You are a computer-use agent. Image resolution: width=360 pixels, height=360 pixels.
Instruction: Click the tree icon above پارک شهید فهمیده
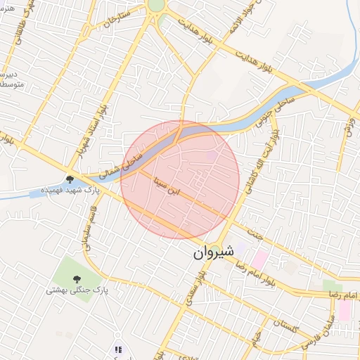(70, 180)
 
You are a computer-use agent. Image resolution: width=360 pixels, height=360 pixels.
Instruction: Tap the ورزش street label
(349, 126)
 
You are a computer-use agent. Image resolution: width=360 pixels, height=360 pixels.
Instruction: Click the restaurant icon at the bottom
(118, 349)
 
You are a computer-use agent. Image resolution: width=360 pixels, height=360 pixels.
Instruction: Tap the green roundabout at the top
(156, 6)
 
